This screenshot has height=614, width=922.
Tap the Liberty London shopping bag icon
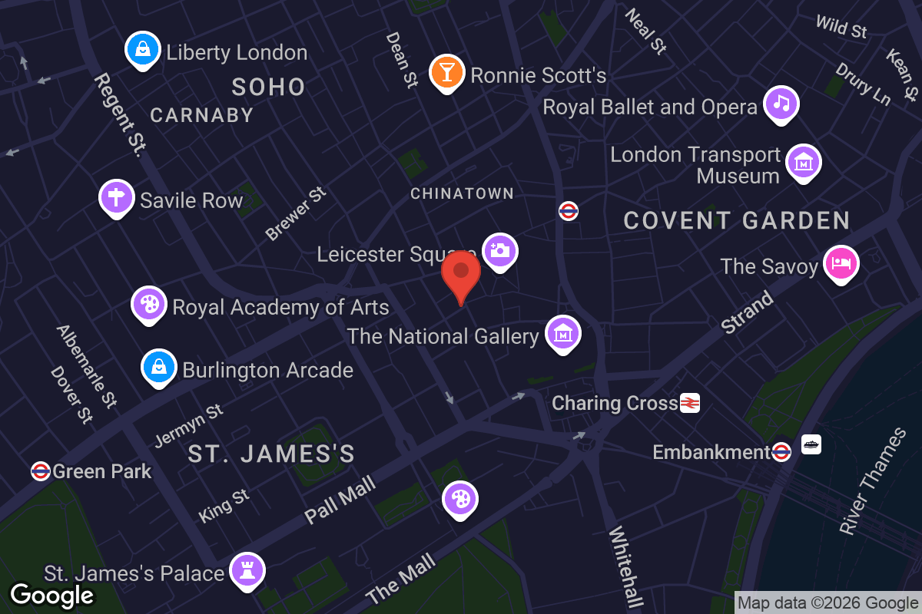(142, 50)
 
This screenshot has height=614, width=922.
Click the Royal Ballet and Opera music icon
(781, 104)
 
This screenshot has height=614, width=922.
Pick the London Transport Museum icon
(804, 162)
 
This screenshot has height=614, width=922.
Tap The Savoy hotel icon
(841, 263)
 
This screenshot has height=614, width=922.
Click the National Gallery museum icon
(563, 334)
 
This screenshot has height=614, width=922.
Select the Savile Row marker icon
(116, 198)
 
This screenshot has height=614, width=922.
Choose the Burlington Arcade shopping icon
(158, 368)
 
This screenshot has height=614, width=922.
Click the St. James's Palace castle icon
(248, 570)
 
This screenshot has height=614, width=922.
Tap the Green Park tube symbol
(41, 470)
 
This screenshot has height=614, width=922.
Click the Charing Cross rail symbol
(690, 402)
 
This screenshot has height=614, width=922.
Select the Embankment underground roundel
(782, 451)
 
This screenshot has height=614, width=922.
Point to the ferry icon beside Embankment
(811, 444)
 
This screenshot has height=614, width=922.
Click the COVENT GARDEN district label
(736, 221)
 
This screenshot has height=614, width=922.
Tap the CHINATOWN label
(462, 193)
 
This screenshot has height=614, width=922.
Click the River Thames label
(873, 481)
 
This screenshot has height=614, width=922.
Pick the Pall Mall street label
(340, 500)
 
